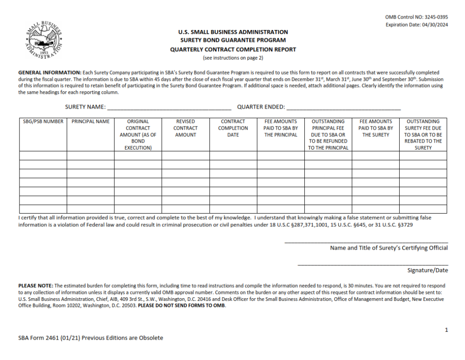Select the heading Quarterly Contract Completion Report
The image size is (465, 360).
[x=232, y=50]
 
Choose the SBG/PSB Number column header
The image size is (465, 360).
[x=43, y=122]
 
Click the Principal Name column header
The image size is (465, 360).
[x=90, y=122]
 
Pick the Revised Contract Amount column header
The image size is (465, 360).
[x=185, y=128]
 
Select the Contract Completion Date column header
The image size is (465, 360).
[x=233, y=128]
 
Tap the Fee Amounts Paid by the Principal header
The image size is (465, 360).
[x=281, y=128]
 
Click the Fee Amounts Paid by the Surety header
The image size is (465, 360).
[x=376, y=128]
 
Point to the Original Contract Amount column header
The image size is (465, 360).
[x=138, y=135]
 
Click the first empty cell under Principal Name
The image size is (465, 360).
[x=90, y=155]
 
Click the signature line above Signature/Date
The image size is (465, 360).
[x=372, y=265]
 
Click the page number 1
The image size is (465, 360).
[x=446, y=330]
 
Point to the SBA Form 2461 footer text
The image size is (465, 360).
[x=90, y=338]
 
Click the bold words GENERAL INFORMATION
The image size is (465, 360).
[x=49, y=73]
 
